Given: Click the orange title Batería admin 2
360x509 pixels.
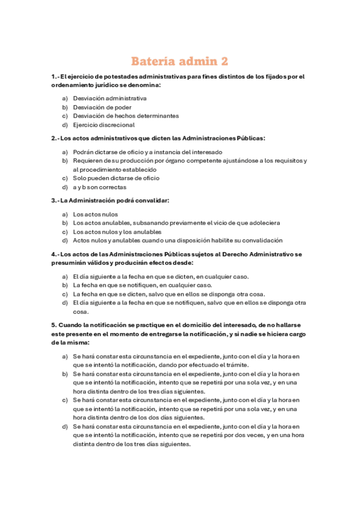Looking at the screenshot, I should [180, 61].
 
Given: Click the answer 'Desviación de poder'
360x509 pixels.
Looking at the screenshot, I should [102, 107].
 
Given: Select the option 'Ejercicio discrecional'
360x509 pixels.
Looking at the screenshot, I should [104, 125].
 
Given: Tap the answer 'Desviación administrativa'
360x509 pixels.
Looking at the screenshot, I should [110, 98].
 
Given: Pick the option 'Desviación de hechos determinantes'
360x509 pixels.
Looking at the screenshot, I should [125, 116].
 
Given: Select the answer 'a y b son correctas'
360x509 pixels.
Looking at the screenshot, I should [100, 187].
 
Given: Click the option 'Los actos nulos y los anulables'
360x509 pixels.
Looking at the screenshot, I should [117, 232].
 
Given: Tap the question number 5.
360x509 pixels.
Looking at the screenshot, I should [53, 325].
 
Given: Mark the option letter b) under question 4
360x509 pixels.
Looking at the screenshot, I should [65, 285].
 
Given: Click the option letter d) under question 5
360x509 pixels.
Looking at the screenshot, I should [65, 427].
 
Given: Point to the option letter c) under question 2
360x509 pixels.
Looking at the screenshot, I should [65, 178].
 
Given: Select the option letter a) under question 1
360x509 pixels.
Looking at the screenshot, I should [65, 98].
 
